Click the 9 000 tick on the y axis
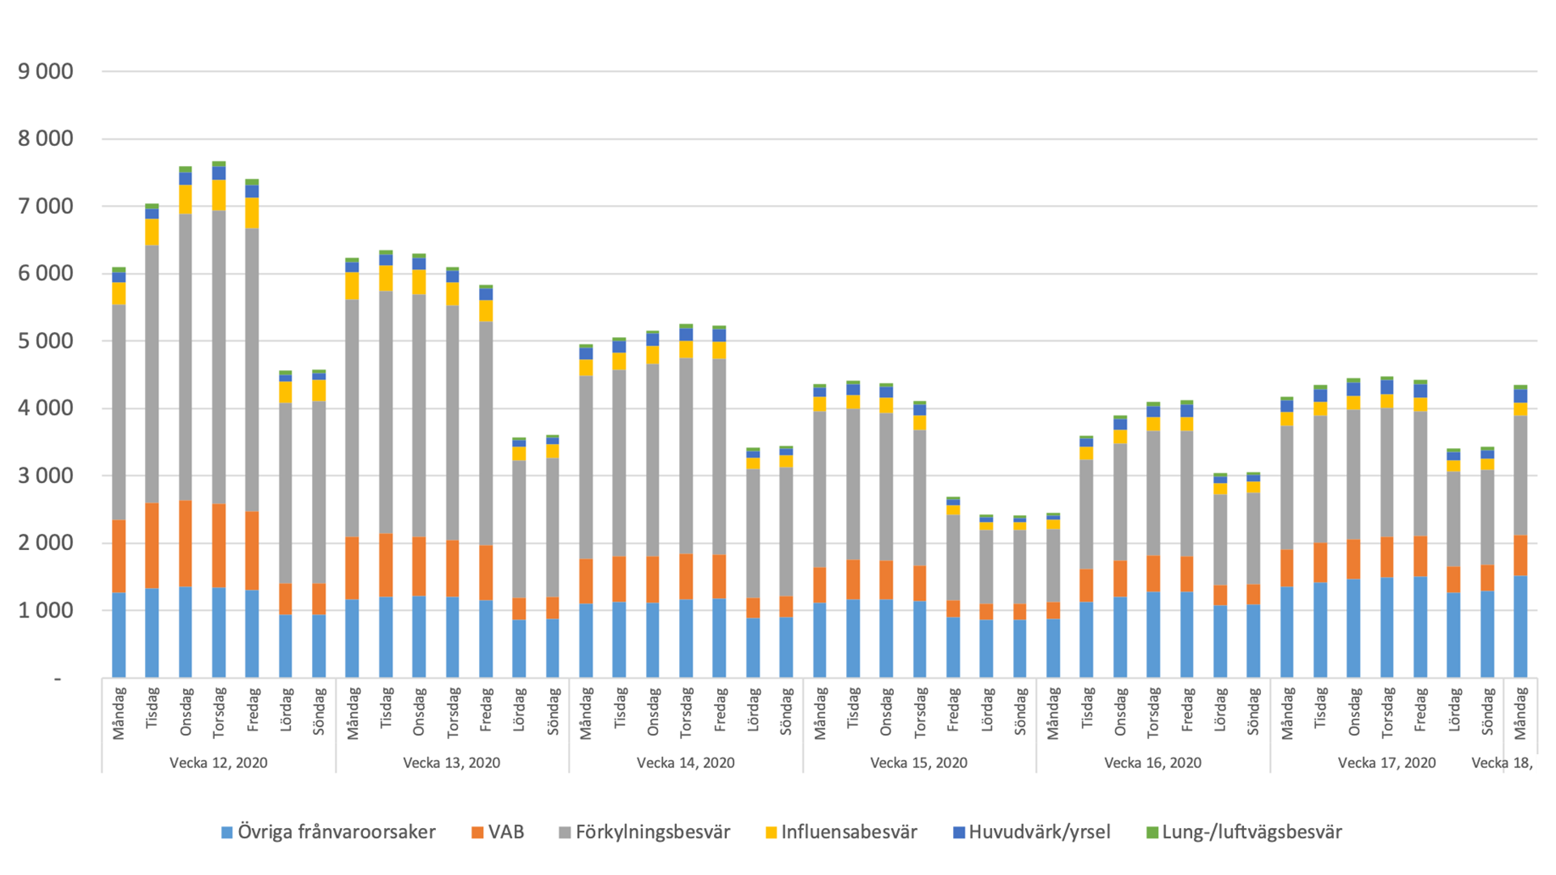[x=45, y=71]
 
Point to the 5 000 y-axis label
[x=45, y=341]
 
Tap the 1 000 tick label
[x=45, y=610]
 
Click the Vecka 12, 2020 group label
[x=218, y=762]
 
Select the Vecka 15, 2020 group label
[x=918, y=762]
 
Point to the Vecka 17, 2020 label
[x=1386, y=762]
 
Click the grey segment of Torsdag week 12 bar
[x=219, y=356]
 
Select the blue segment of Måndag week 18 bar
[x=1520, y=626]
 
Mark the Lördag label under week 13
[x=519, y=711]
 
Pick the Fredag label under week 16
[x=1187, y=711]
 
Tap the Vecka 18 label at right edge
[x=1502, y=762]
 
